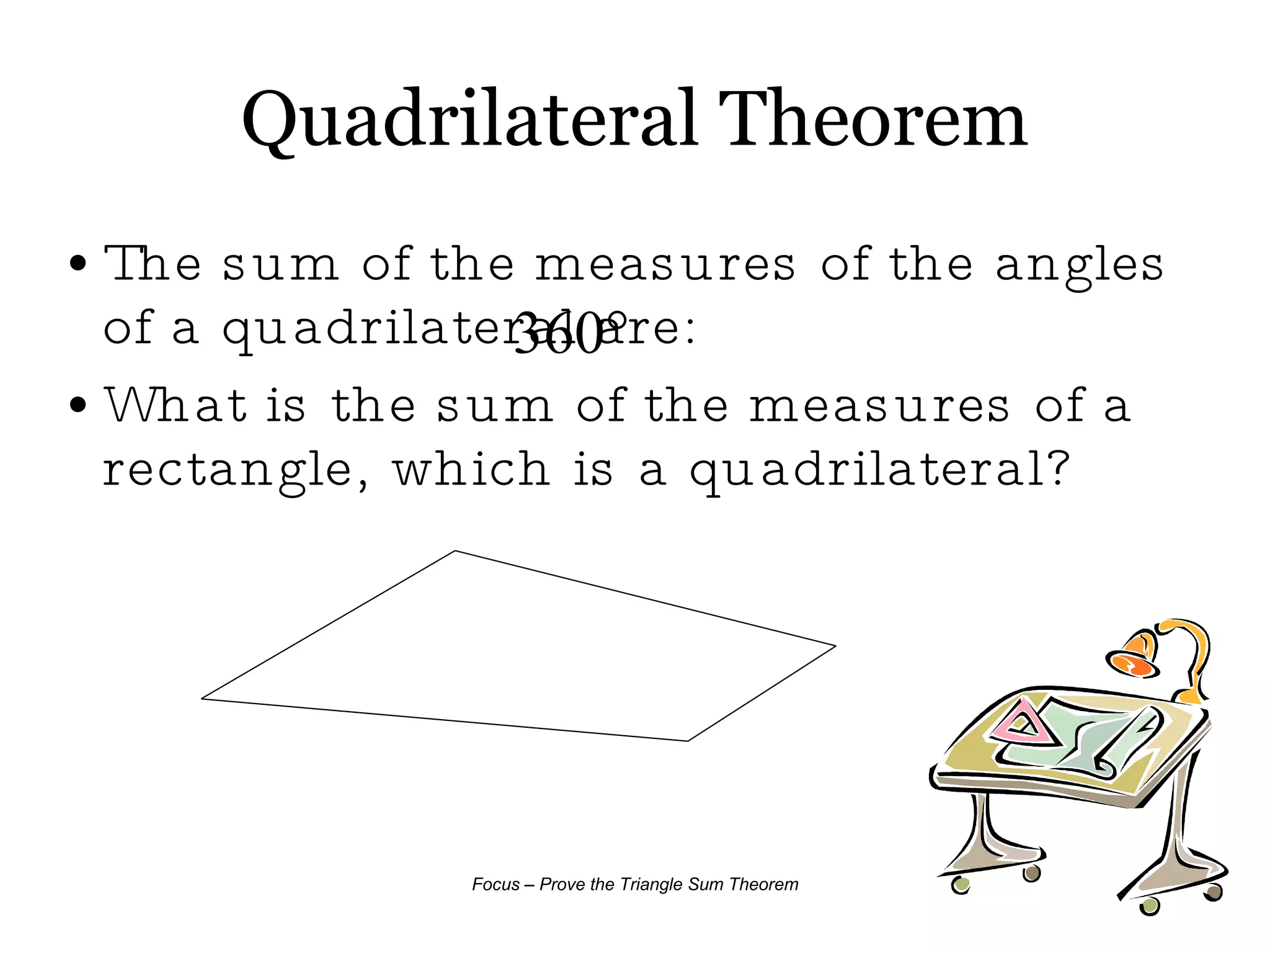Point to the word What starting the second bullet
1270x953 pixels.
click(x=176, y=406)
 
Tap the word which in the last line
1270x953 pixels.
click(x=471, y=469)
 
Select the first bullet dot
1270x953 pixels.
click(x=78, y=263)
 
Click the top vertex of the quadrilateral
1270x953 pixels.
click(x=456, y=551)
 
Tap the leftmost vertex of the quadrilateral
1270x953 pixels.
click(x=203, y=699)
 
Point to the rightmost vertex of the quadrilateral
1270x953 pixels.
click(x=835, y=647)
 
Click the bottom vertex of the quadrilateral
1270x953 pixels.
click(x=687, y=740)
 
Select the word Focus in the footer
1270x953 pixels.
click(x=495, y=884)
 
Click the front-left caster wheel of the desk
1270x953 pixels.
click(x=961, y=884)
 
